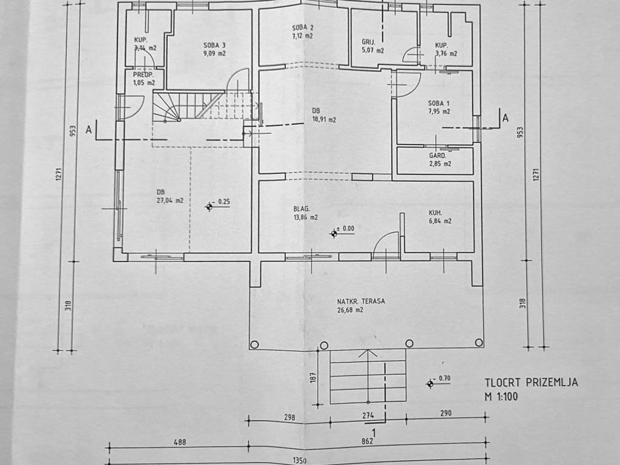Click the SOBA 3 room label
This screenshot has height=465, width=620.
pos(215,45)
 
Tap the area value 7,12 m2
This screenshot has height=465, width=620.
pos(303,36)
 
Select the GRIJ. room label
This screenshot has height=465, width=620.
pos(368,42)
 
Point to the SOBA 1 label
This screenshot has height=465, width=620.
pos(438,104)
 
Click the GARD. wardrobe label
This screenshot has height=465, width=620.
pos(437,156)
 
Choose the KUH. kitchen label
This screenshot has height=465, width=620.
pos(435,213)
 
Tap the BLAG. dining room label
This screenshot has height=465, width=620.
pos(302,209)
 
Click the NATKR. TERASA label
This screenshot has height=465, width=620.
pos(361,302)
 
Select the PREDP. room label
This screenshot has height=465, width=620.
pos(143,74)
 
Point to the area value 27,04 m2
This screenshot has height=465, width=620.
pos(170,200)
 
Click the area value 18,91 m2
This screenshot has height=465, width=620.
pos(324,119)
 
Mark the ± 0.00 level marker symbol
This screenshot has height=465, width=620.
pos(334,234)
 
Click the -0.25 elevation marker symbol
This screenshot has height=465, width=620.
pos(209,206)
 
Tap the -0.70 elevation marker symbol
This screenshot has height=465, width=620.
pos(430,383)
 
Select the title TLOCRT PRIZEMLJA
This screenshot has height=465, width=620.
pos(531,383)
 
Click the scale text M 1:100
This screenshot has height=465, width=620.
pos(501,396)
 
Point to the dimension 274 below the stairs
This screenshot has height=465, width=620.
pos(368,415)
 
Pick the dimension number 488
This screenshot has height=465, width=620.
pos(180,441)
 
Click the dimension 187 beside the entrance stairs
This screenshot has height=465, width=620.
pos(314,377)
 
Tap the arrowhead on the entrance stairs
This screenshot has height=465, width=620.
pos(368,353)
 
